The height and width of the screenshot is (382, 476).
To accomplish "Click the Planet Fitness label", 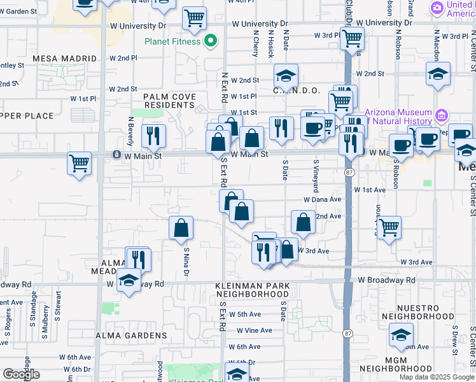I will pyautogui.click(x=172, y=42).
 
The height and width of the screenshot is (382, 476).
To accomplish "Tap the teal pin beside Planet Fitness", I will pyautogui.click(x=211, y=42).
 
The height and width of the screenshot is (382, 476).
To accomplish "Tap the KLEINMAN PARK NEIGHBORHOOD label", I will pyautogui.click(x=252, y=290).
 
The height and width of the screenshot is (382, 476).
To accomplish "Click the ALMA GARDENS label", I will pyautogui.click(x=130, y=336).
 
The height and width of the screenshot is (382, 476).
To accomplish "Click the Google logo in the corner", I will pyautogui.click(x=20, y=374).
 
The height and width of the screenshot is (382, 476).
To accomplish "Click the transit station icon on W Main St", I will pyautogui.click(x=116, y=155).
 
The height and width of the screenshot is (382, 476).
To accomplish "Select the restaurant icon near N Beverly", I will pyautogui.click(x=153, y=135).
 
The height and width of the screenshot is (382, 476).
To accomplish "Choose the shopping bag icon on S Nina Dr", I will pyautogui.click(x=181, y=227).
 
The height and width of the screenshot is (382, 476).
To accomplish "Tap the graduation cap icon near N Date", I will pyautogui.click(x=286, y=75).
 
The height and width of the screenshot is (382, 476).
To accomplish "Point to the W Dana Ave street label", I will pyautogui.click(x=323, y=199).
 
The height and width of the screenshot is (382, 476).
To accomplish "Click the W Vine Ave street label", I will pyautogui.click(x=255, y=330).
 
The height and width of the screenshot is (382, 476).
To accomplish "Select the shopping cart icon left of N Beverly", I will pyautogui.click(x=80, y=162).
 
